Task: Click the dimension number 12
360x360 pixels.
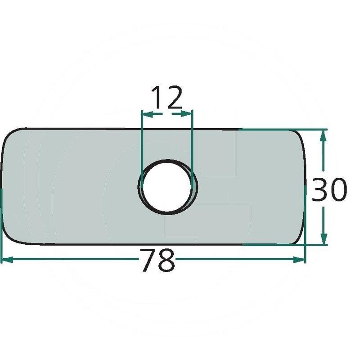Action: click(167, 97)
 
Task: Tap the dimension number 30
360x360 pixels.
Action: click(329, 189)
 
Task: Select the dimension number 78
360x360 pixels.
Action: click(158, 261)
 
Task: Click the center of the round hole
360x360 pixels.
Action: click(167, 187)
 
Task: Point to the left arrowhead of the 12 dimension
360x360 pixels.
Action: click(148, 114)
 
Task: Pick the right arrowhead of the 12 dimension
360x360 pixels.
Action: click(186, 114)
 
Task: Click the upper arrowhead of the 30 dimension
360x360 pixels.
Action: click(324, 136)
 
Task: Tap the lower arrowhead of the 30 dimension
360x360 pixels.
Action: click(324, 239)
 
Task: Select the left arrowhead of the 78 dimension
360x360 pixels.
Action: click(7, 260)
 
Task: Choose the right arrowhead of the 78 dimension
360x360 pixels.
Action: click(299, 260)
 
